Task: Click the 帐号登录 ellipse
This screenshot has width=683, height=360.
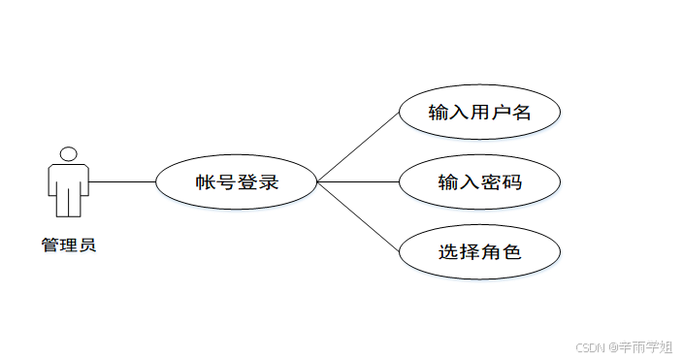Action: (x=237, y=181)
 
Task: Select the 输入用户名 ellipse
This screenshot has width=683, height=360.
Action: (x=479, y=112)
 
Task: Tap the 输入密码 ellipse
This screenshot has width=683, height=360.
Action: (x=479, y=181)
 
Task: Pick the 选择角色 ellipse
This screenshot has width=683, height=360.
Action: (x=479, y=252)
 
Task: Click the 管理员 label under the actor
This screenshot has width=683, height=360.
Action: (x=68, y=245)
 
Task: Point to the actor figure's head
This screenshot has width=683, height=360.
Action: (x=68, y=153)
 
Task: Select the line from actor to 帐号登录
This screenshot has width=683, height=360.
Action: (x=122, y=181)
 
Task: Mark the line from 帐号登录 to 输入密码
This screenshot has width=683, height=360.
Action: (x=359, y=181)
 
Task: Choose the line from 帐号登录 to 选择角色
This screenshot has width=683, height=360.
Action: (x=359, y=216)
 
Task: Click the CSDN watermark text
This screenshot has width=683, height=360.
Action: (x=591, y=346)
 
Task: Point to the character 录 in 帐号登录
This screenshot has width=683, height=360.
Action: (x=269, y=181)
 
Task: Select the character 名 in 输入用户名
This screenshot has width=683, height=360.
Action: (x=521, y=112)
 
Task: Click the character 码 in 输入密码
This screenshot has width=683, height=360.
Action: (x=511, y=181)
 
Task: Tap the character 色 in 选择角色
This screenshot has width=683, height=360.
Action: (x=511, y=252)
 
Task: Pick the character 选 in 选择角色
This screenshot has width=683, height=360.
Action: (x=448, y=252)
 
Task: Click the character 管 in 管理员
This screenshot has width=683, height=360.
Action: (x=49, y=245)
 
